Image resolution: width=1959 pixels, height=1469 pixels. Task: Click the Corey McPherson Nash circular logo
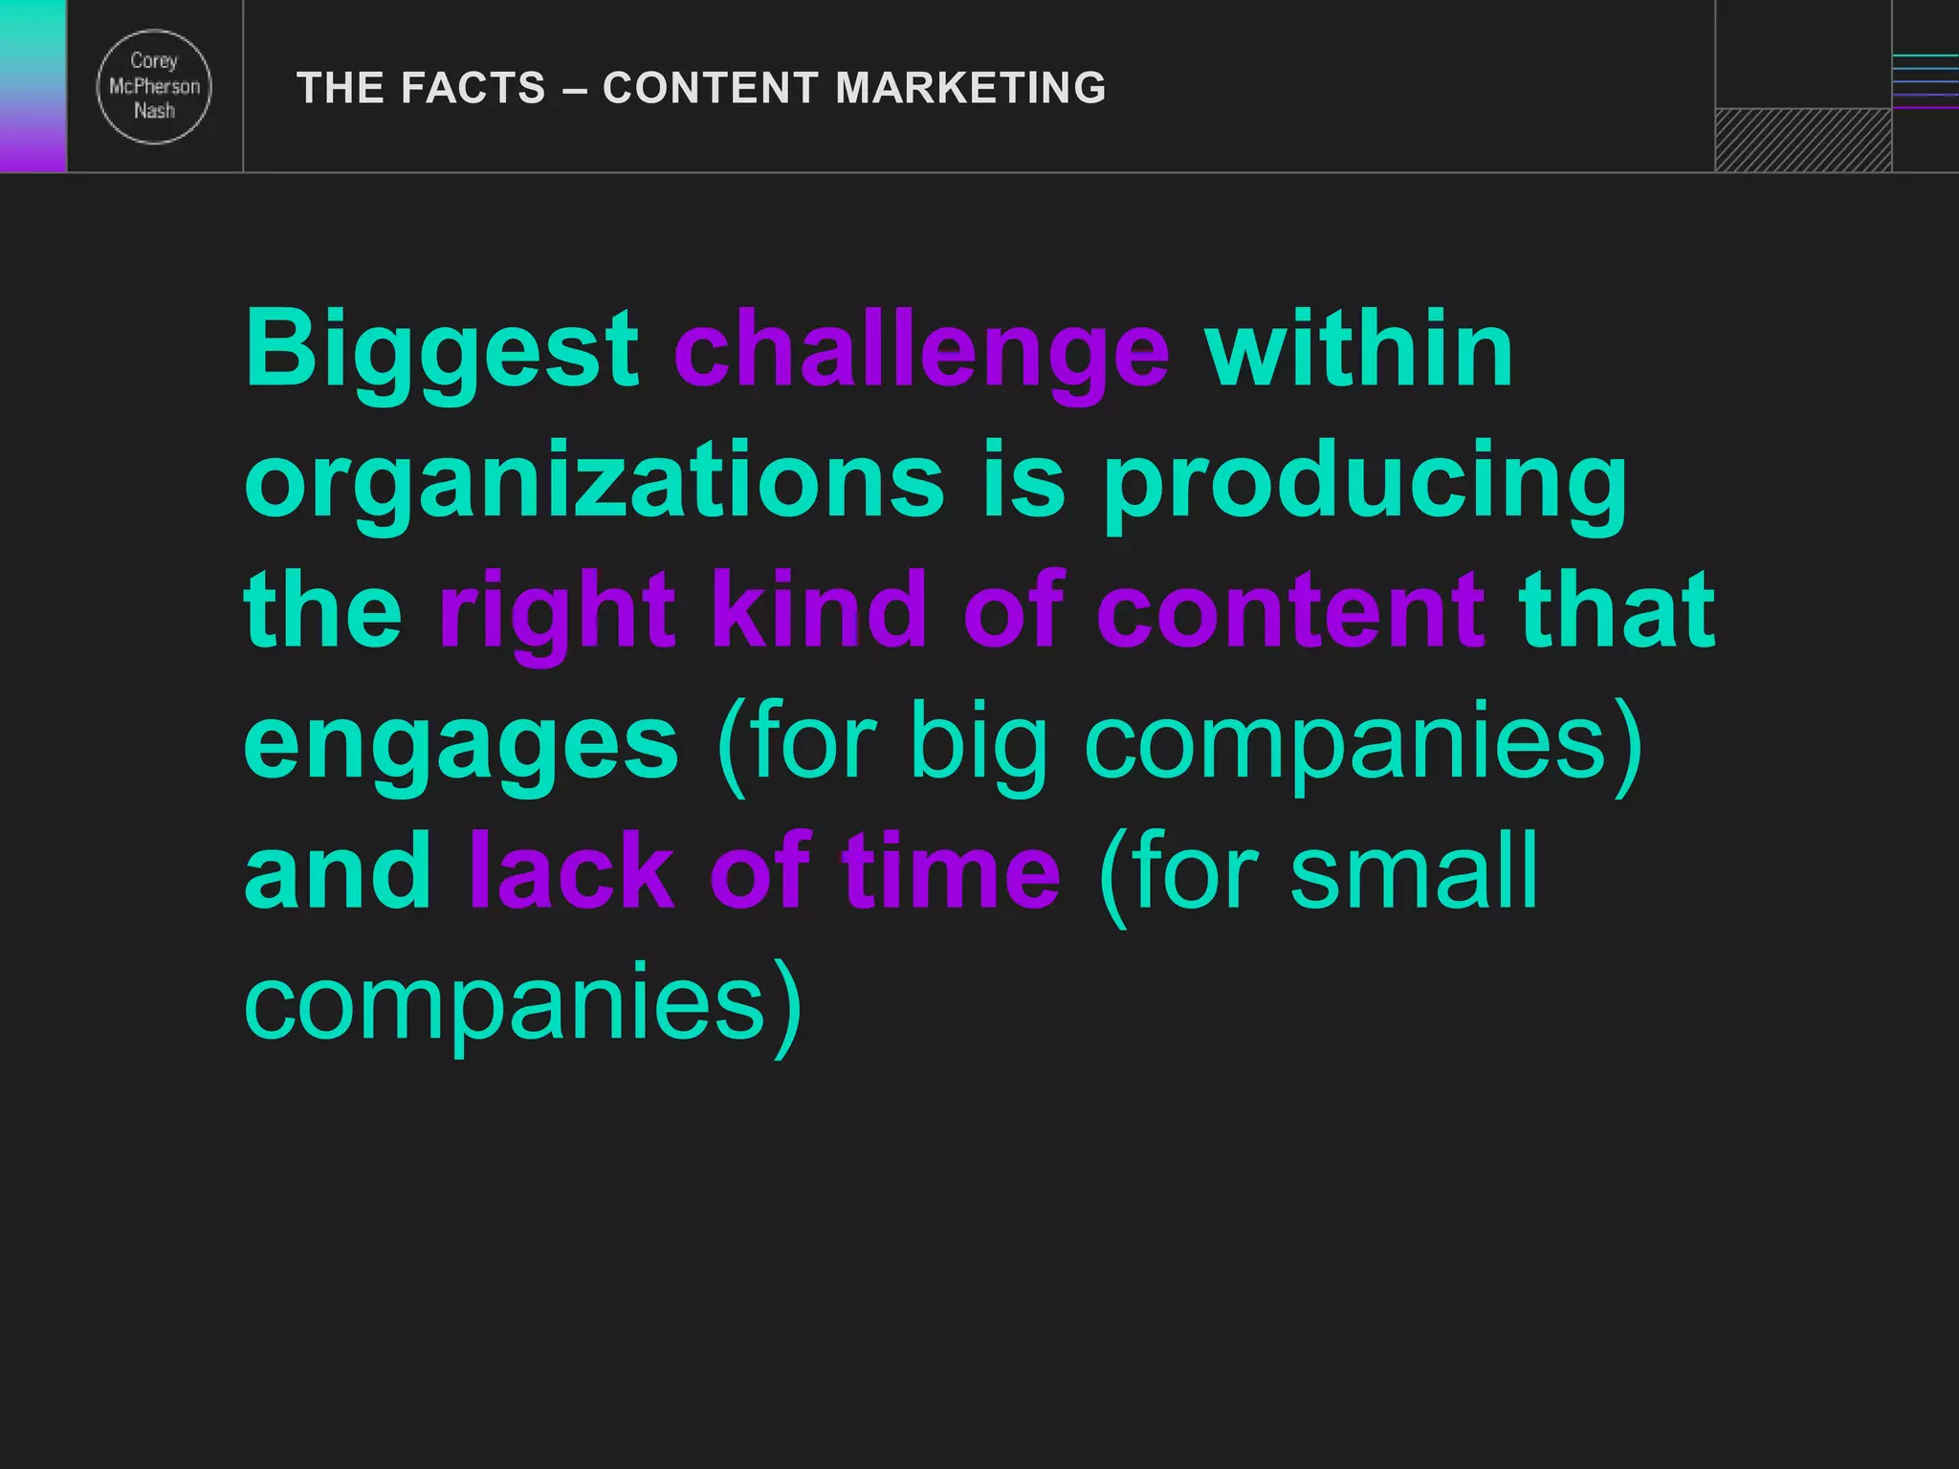[154, 87]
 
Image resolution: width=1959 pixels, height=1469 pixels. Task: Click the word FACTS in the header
[473, 88]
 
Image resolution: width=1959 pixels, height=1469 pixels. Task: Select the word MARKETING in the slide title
[971, 88]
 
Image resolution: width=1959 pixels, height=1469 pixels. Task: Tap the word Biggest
[441, 351]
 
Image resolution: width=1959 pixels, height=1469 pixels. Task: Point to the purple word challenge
[921, 351]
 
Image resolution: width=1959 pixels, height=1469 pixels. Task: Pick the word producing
[1365, 483]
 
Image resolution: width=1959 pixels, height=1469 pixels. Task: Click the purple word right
[557, 612]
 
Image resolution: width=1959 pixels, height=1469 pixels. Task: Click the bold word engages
[461, 744]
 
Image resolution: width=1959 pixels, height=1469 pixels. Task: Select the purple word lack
[571, 871]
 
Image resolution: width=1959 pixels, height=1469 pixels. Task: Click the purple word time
[951, 871]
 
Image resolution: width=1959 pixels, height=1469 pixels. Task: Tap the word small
[1414, 871]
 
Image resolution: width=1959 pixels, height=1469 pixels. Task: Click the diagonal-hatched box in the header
[1803, 141]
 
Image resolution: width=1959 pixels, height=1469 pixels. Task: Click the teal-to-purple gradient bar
[33, 86]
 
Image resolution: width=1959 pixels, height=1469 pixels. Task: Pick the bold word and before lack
[338, 871]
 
